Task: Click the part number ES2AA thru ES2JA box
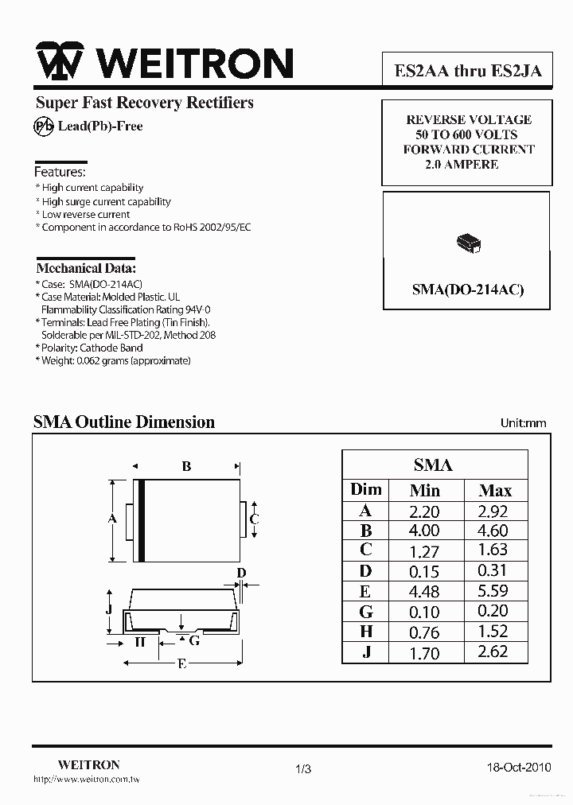[x=468, y=70]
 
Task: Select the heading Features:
[x=60, y=172]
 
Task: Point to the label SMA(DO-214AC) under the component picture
[x=468, y=290]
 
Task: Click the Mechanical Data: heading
[x=86, y=268]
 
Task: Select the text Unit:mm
[x=523, y=423]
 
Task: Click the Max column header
[x=495, y=491]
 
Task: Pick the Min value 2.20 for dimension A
[x=423, y=511]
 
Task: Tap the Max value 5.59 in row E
[x=493, y=591]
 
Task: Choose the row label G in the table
[x=366, y=612]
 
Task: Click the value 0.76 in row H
[x=423, y=632]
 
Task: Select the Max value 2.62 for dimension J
[x=493, y=652]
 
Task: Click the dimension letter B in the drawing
[x=186, y=467]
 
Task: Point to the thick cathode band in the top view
[x=142, y=521]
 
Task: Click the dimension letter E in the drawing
[x=182, y=665]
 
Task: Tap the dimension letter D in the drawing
[x=242, y=573]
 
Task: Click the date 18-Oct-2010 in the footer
[x=518, y=768]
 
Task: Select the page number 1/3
[x=303, y=768]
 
